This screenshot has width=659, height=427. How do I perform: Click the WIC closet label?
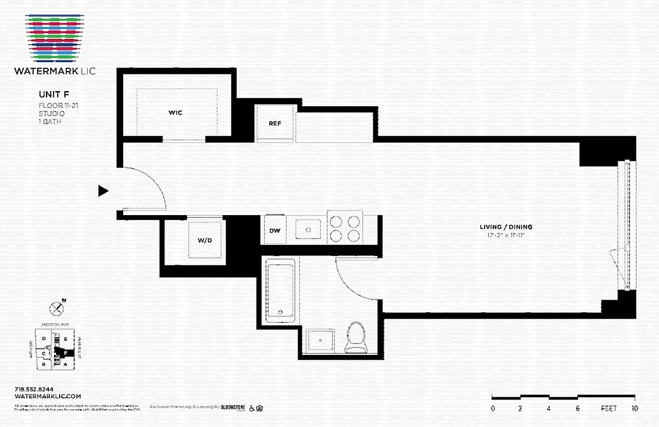(x=175, y=113)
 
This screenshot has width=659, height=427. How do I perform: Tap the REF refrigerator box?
(x=275, y=123)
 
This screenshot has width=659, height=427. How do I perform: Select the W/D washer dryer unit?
(x=205, y=240)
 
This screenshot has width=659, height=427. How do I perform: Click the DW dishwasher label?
(x=275, y=231)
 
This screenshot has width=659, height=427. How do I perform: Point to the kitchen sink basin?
(x=308, y=230)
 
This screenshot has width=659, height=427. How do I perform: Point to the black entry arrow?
(x=103, y=191)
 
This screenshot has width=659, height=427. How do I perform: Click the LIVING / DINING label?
(x=505, y=227)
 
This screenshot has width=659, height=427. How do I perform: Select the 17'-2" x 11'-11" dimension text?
(x=505, y=234)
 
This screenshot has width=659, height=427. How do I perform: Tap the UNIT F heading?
(x=54, y=95)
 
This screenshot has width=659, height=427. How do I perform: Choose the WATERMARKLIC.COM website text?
(x=47, y=396)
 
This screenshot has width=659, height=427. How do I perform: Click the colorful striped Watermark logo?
(x=54, y=37)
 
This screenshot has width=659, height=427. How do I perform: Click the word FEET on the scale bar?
(x=608, y=408)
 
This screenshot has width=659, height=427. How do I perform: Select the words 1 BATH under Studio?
(x=50, y=121)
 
